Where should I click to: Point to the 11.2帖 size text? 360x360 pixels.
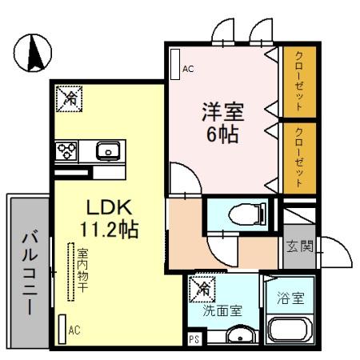pyautogui.click(x=109, y=230)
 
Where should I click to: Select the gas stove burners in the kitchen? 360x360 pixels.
pyautogui.click(x=66, y=150)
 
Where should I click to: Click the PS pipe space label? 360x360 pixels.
pyautogui.click(x=194, y=339)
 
